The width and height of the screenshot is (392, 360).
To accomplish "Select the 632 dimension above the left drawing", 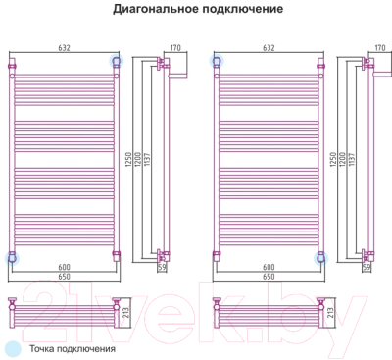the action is click(x=65, y=45).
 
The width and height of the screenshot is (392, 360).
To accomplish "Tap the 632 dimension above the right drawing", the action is click(x=268, y=45).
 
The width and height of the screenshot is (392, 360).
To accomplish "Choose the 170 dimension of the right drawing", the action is click(x=378, y=45).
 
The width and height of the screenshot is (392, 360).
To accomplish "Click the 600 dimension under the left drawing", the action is click(x=65, y=267).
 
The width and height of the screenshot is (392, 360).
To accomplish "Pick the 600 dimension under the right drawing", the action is click(x=268, y=267).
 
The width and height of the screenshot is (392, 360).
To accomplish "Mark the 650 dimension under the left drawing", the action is click(x=65, y=277).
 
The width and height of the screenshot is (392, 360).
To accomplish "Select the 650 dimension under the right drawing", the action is click(x=268, y=277).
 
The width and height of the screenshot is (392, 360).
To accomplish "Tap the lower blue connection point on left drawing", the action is click(x=13, y=257).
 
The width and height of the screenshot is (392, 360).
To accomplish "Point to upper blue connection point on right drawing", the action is click(x=216, y=61).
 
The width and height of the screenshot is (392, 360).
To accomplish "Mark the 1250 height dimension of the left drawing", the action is click(x=125, y=163).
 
